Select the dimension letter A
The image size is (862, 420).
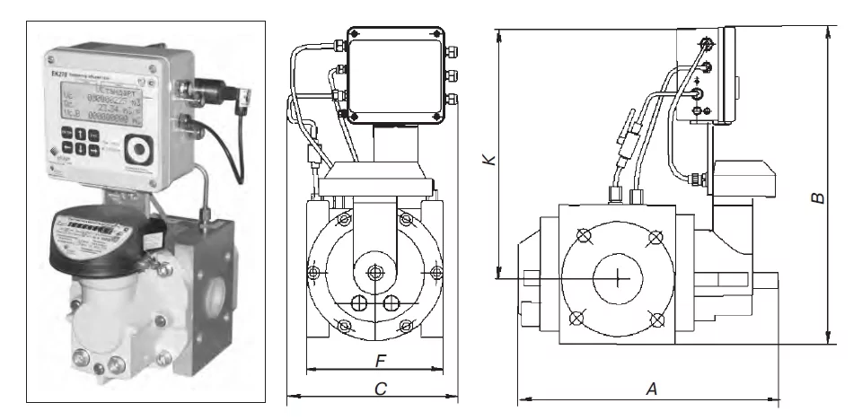tap(652, 388)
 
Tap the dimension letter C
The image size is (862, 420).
tap(381, 388)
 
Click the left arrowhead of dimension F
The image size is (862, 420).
tap(310, 369)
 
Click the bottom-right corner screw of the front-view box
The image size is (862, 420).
tap(438, 114)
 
